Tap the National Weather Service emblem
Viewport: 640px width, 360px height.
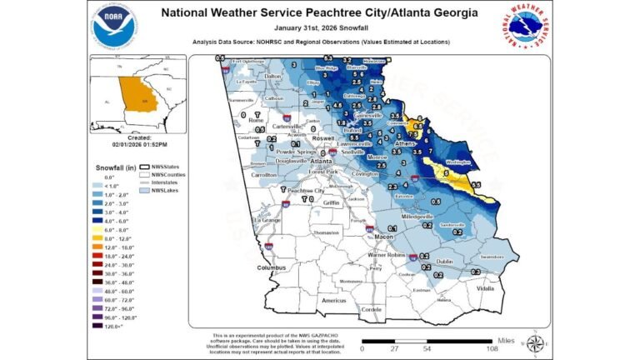click(526, 27)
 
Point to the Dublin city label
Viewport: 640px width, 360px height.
click(444, 261)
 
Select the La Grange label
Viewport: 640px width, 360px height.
click(262, 218)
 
